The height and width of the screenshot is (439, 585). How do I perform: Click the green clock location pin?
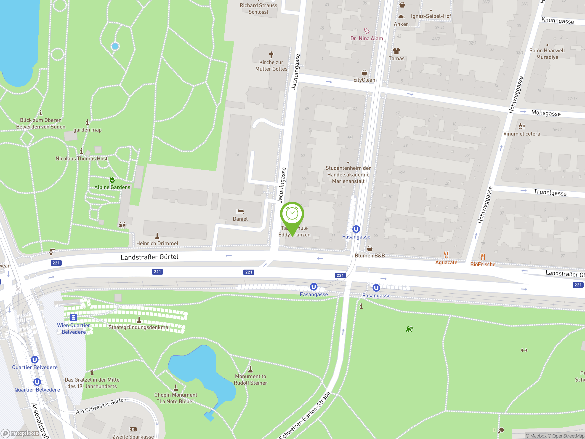click(x=292, y=214)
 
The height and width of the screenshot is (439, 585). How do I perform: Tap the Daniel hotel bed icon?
click(x=240, y=211)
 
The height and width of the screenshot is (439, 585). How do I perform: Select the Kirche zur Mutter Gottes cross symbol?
click(x=271, y=55)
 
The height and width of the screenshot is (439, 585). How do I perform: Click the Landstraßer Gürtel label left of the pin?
click(x=149, y=257)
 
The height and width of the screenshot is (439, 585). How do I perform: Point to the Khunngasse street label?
click(x=558, y=21)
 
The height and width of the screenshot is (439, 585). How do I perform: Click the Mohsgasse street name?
click(x=546, y=113)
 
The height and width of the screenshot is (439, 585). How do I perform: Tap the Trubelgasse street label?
click(x=550, y=192)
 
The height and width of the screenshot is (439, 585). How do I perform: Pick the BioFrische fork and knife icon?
click(x=483, y=257)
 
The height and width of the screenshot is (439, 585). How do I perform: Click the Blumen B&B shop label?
click(x=370, y=256)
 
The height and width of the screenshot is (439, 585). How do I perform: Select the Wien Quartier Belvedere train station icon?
click(x=74, y=318)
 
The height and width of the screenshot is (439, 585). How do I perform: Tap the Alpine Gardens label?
click(x=112, y=187)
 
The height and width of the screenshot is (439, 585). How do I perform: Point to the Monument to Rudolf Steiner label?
click(x=250, y=380)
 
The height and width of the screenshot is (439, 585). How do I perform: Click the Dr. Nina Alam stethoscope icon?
click(x=367, y=31)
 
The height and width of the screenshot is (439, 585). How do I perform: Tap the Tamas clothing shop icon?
click(x=396, y=51)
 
